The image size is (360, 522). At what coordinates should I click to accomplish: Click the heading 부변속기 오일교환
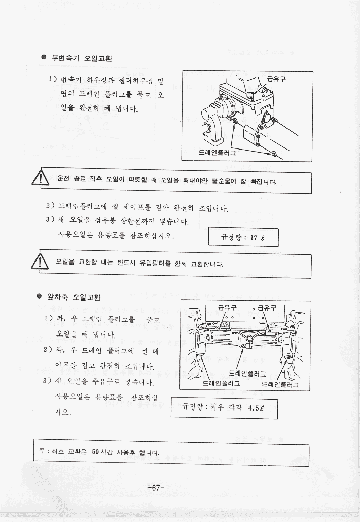coord(82,58)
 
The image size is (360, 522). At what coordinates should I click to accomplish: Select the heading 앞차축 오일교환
coord(74,297)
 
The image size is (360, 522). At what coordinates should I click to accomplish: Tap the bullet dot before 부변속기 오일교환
coord(44,57)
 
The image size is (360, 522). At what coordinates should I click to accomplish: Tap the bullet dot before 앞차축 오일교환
coord(39,296)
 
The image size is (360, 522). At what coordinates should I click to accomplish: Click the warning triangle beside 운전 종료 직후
coord(40,178)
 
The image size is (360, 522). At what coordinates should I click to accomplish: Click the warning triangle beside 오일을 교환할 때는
coord(40,262)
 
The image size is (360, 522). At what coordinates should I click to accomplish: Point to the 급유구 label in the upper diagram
coord(276,79)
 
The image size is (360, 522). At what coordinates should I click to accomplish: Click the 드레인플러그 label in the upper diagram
coord(217,152)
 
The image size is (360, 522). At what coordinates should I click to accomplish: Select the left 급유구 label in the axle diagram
coord(227,307)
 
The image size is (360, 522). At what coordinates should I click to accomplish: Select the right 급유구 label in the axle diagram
coord(267,307)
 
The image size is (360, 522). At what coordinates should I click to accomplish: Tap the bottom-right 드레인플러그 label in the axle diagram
coord(280,384)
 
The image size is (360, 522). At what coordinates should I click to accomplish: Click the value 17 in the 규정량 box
coord(254,238)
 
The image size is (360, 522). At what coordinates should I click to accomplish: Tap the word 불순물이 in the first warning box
coord(224,181)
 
